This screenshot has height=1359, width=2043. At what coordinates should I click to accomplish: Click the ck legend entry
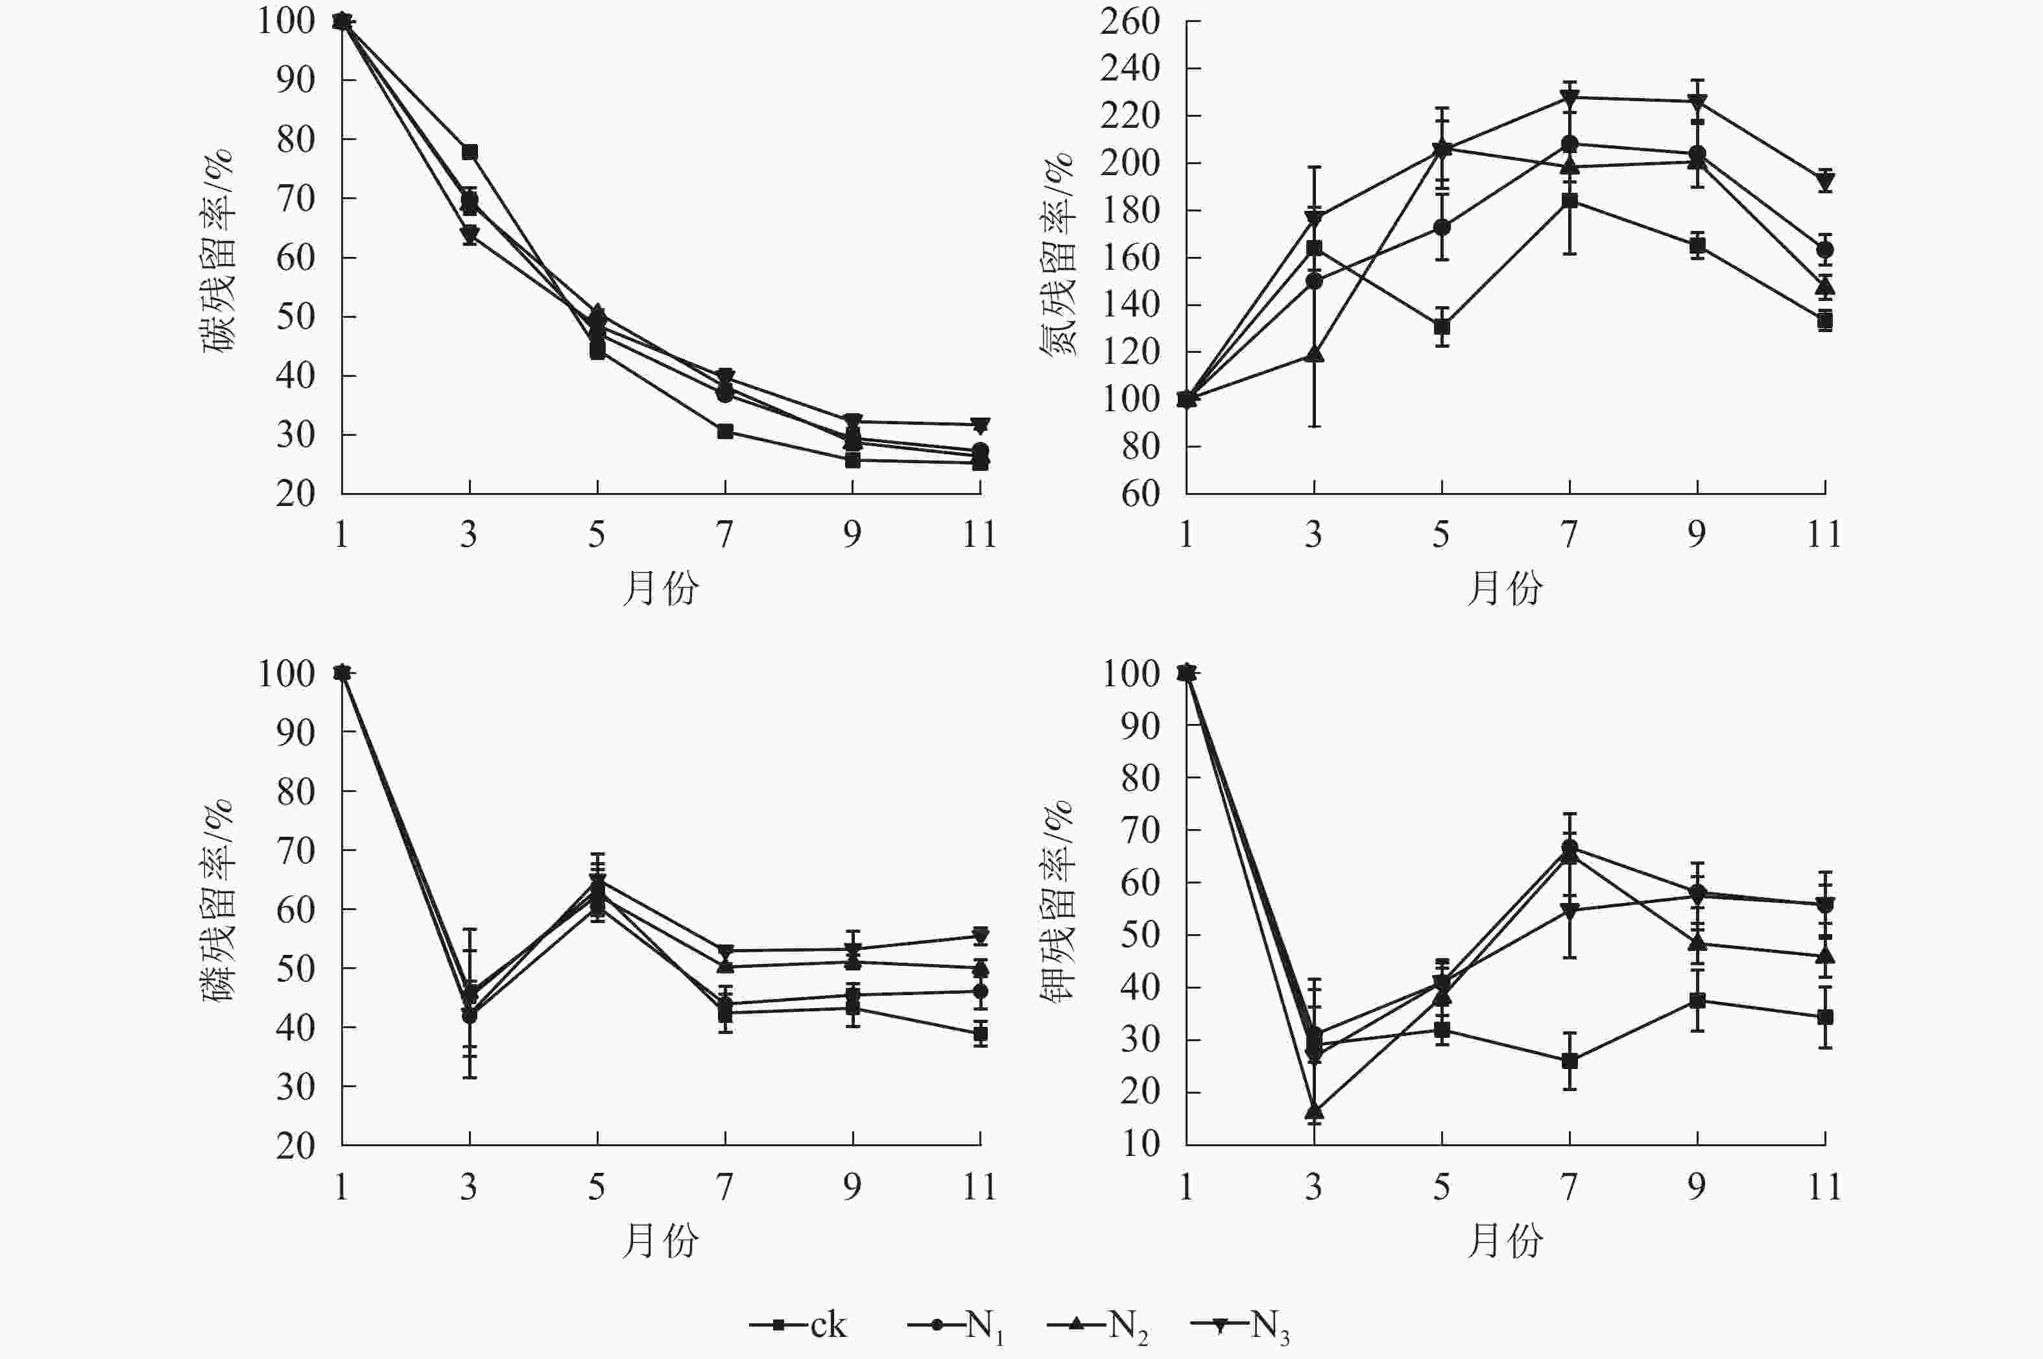(x=798, y=1325)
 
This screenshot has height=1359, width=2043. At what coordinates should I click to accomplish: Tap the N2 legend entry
(x=1097, y=1325)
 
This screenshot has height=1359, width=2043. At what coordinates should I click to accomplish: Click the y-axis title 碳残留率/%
(x=219, y=251)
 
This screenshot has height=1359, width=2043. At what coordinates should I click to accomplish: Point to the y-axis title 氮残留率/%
(x=1057, y=256)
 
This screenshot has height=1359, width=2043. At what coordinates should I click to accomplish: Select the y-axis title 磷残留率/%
(x=219, y=902)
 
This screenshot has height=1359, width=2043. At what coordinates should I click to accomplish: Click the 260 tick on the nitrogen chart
(x=1130, y=21)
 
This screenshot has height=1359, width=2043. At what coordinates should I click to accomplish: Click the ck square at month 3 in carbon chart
(x=470, y=152)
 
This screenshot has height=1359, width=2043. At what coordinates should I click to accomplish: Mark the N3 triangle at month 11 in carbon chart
(x=980, y=426)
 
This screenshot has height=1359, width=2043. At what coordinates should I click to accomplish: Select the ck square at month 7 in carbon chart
(x=725, y=431)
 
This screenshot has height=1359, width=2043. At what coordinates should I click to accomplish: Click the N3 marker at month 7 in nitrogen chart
(x=1569, y=97)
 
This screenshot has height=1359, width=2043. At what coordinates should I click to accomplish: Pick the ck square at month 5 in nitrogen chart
(x=1442, y=327)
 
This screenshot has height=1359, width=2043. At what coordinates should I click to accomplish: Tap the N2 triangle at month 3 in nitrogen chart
(x=1315, y=354)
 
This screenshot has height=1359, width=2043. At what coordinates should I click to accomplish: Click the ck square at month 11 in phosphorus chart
(x=980, y=1033)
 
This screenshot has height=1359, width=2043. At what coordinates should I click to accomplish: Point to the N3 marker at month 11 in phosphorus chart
(x=980, y=936)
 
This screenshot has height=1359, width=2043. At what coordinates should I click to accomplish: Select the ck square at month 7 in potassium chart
(x=1569, y=1060)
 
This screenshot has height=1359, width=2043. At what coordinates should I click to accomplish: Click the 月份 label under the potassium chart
(x=1505, y=1241)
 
